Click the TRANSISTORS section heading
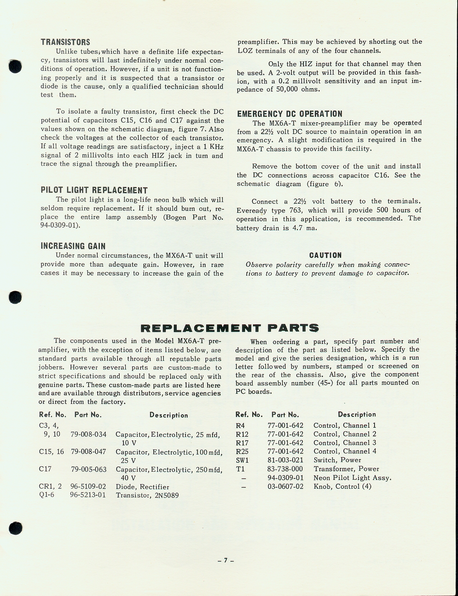click(65, 42)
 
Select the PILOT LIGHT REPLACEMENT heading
click(94, 190)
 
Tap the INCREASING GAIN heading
click(73, 246)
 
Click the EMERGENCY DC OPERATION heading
click(290, 114)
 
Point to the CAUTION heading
click(325, 255)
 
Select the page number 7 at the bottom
click(225, 560)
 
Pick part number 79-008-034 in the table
click(89, 434)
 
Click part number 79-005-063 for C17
click(89, 469)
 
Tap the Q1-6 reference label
click(46, 495)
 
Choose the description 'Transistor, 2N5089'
click(147, 496)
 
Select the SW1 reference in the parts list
click(242, 460)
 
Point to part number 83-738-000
click(285, 469)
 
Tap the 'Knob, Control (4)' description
click(342, 486)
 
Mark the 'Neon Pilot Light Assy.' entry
click(352, 478)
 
